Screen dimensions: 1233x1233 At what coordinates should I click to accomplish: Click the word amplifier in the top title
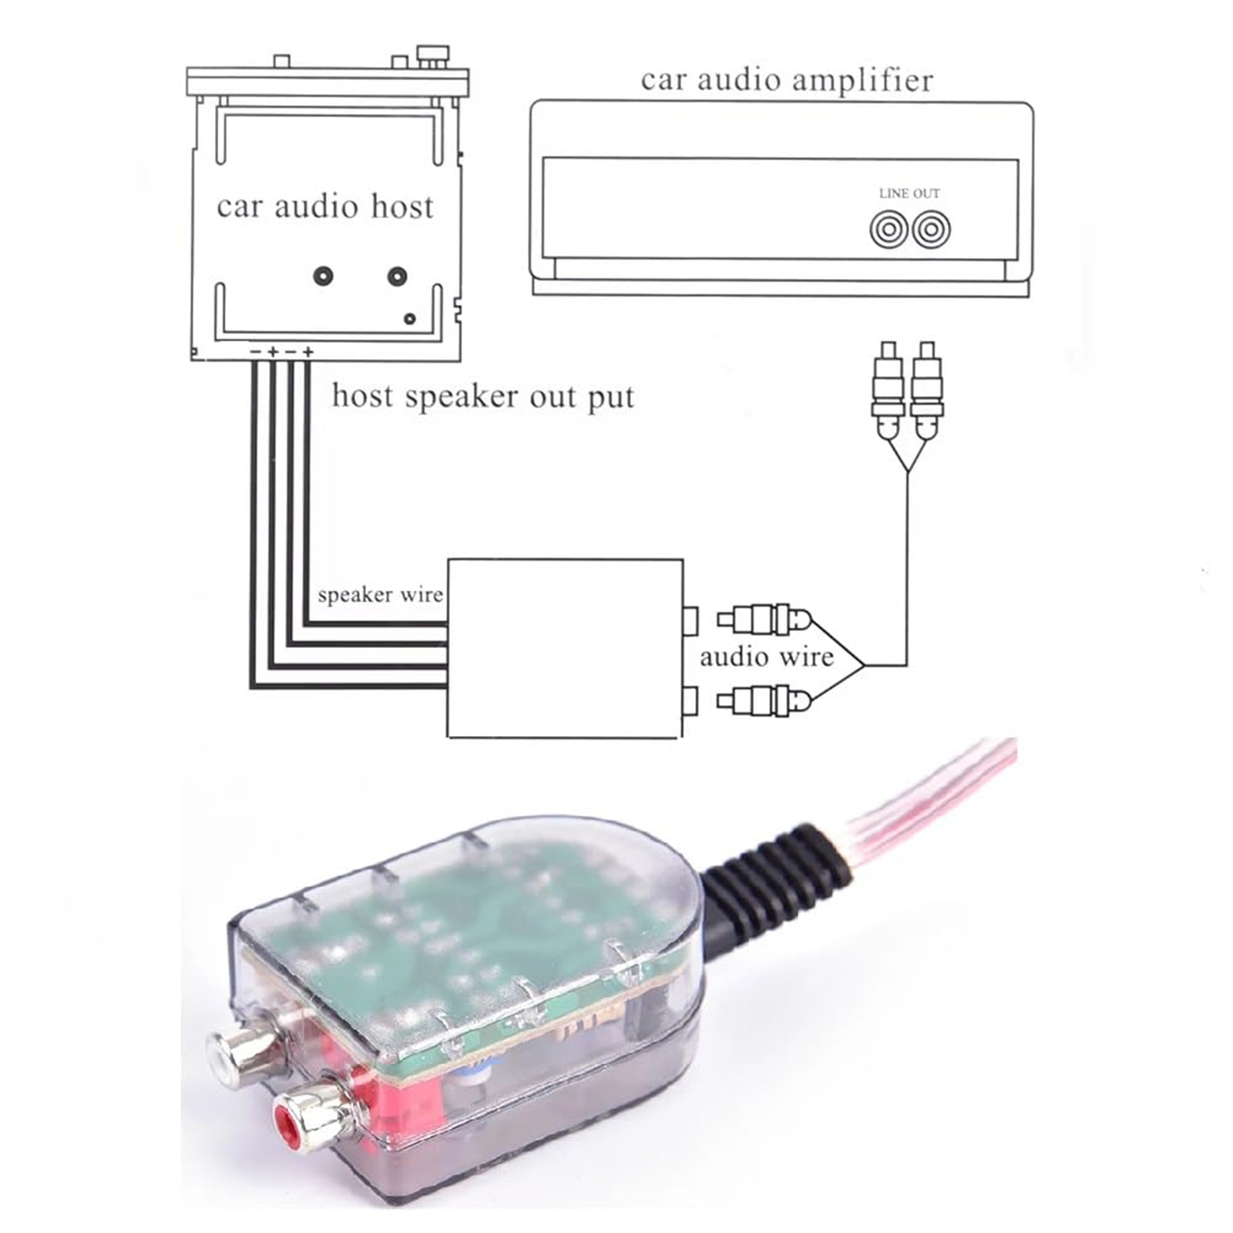click(x=854, y=81)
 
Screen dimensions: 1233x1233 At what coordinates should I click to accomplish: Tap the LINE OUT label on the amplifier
click(x=909, y=193)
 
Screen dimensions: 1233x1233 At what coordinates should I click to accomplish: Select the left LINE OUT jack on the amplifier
click(x=889, y=230)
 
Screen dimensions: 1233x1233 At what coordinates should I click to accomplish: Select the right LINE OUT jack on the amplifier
click(x=931, y=230)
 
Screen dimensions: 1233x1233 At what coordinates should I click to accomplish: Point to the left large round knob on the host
click(x=323, y=275)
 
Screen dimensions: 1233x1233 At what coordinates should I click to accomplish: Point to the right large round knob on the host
click(x=397, y=275)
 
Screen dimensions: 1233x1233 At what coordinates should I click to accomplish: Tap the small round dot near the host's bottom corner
click(x=410, y=318)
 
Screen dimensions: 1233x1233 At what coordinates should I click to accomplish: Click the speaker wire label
click(x=380, y=595)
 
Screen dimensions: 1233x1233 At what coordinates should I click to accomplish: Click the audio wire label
click(x=766, y=657)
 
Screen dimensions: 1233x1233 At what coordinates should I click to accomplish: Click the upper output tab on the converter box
click(x=690, y=620)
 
